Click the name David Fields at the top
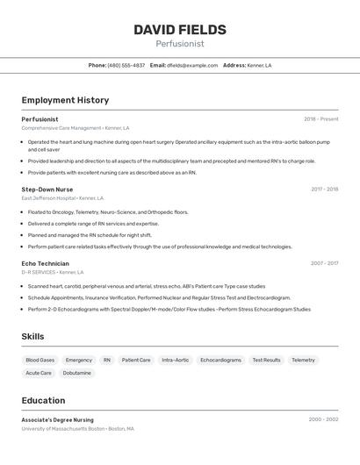pyautogui.click(x=179, y=30)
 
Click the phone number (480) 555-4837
pyautogui.click(x=126, y=65)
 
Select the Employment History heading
pyautogui.click(x=65, y=100)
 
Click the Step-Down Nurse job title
pyautogui.click(x=47, y=190)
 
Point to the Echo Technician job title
pyautogui.click(x=45, y=263)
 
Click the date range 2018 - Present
pyautogui.click(x=320, y=119)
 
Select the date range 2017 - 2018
pyautogui.click(x=324, y=190)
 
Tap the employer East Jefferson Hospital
pyautogui.click(x=47, y=198)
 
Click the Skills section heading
pyautogui.click(x=33, y=336)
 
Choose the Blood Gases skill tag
pyautogui.click(x=40, y=360)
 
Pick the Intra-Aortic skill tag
pyautogui.click(x=175, y=360)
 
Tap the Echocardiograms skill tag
pyautogui.click(x=220, y=360)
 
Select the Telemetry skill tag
pyautogui.click(x=303, y=360)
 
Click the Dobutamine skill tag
pyautogui.click(x=76, y=373)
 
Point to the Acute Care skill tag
pyautogui.click(x=39, y=373)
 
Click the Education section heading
pyautogui.click(x=43, y=400)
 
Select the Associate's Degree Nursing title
pyautogui.click(x=57, y=419)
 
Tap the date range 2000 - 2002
pyautogui.click(x=323, y=419)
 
